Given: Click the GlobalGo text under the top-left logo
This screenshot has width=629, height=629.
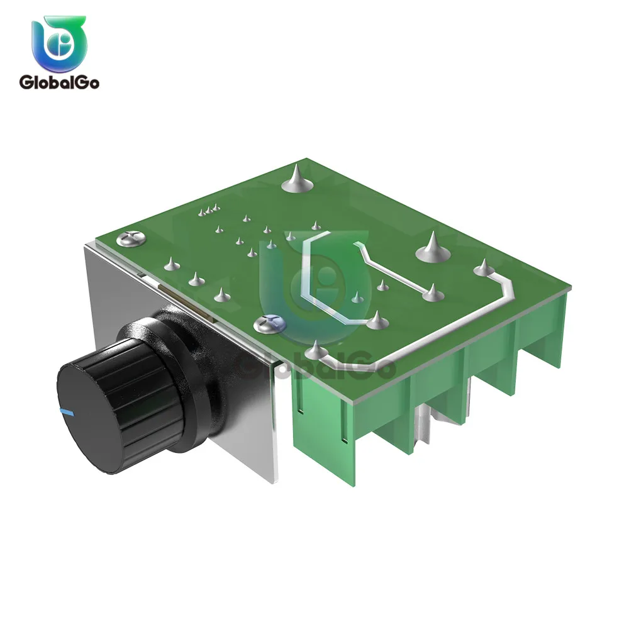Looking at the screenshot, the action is tap(59, 82).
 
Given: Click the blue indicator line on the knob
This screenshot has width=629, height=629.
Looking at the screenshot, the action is tap(66, 411).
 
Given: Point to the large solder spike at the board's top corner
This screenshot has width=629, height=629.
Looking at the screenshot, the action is tap(297, 179).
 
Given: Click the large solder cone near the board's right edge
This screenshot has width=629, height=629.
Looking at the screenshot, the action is tap(433, 248).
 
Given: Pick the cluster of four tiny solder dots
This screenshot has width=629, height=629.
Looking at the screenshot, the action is tap(209, 210).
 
